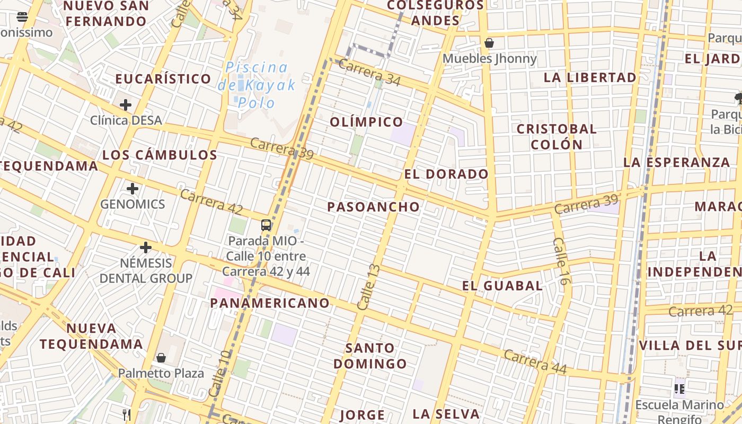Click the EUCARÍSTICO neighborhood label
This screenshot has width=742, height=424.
coord(163,79)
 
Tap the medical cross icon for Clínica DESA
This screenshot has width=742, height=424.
coord(126,104)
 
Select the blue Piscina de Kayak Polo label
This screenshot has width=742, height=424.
coord(257,85)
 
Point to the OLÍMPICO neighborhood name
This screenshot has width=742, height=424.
coord(367,122)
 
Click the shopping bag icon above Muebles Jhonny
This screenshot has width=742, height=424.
coord(489,43)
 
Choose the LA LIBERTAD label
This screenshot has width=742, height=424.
coord(590,77)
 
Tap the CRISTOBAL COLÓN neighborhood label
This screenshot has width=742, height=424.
coord(556,137)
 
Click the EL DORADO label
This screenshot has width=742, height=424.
coord(446,174)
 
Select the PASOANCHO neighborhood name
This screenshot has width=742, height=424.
coord(373,207)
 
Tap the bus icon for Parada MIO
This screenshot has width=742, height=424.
coord(266,225)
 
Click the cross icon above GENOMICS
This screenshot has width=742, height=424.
coord(132,188)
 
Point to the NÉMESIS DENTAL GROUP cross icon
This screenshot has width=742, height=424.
coord(146,247)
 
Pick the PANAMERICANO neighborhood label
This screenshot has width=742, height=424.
coord(270,303)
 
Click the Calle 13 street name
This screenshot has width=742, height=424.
coord(369,287)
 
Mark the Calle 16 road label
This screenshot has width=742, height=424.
coord(561,261)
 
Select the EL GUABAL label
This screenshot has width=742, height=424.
coord(502,286)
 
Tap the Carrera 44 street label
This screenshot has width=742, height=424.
coord(535,361)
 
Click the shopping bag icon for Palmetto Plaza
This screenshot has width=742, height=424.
coord(161,358)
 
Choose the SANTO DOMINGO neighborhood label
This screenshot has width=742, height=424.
coord(370,356)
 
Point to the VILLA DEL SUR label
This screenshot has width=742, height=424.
coord(688,346)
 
